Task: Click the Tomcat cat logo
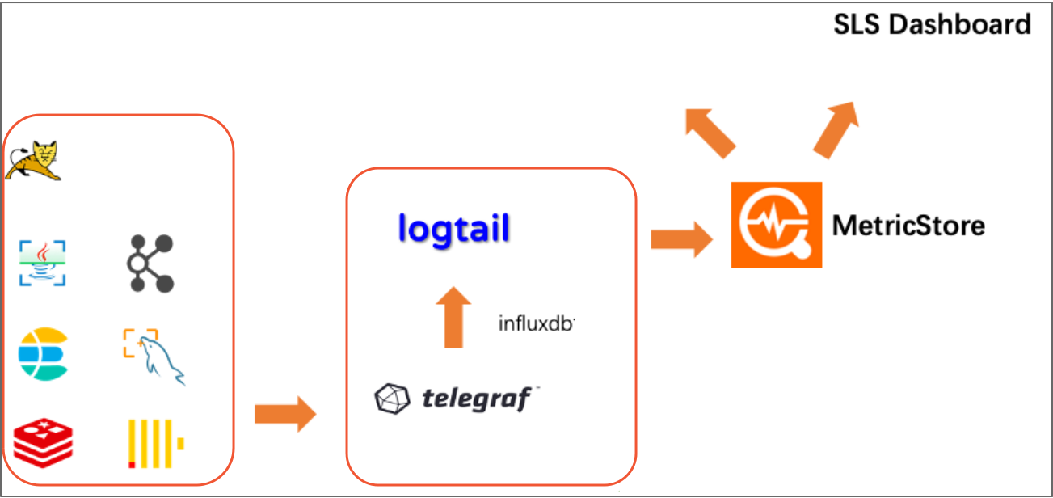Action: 34,160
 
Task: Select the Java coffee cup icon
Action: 43,263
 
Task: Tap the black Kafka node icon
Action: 150,264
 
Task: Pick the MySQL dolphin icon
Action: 153,357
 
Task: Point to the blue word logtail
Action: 453,229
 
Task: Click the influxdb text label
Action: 536,324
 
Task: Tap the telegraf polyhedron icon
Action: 392,399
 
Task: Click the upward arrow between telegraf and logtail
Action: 453,317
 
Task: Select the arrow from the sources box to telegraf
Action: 285,414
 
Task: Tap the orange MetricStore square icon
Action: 776,225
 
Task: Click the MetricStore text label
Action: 908,225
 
